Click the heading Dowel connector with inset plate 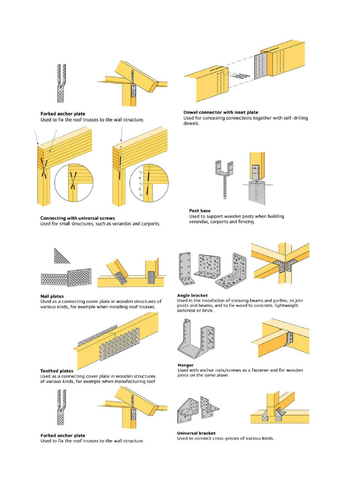pos(220,112)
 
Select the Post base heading pos(200,211)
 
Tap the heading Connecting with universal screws pos(78,218)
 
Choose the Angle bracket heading pos(192,295)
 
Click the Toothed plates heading pos(57,370)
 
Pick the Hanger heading pos(186,364)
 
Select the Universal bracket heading pos(196,433)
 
